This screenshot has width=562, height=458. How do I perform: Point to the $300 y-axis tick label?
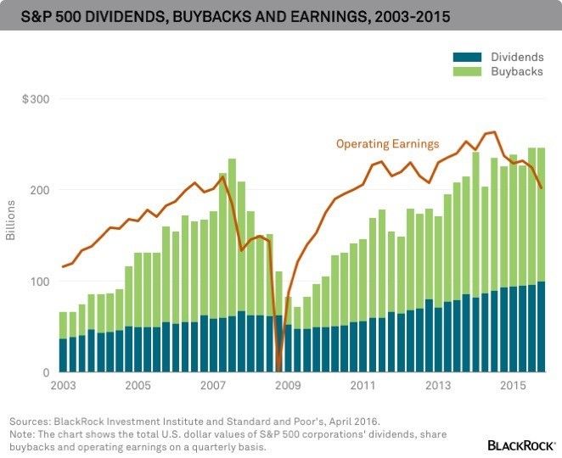point(35,99)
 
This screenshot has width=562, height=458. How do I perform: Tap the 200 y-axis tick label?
point(40,190)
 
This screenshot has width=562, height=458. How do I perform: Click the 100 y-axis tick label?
point(40,281)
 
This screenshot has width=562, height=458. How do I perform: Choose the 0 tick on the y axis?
point(47,372)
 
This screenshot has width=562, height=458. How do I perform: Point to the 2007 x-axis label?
point(214,387)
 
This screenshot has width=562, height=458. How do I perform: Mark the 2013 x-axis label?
point(439,387)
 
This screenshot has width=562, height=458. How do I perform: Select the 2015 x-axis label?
point(513,387)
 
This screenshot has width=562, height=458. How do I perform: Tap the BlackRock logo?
point(521,444)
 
